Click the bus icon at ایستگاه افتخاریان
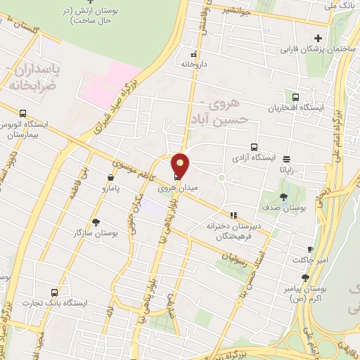pyautogui.click(x=296, y=98)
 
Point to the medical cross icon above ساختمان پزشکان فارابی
pyautogui.click(x=319, y=38)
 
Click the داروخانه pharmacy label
pyautogui.click(x=196, y=63)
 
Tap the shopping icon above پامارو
pyautogui.click(x=110, y=178)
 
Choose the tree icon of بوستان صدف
pyautogui.click(x=283, y=198)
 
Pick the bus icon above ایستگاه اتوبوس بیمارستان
pyautogui.click(x=23, y=113)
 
